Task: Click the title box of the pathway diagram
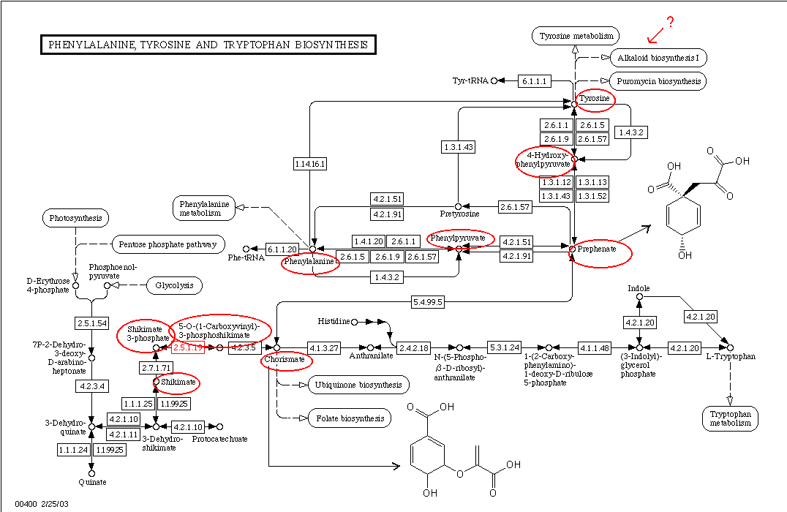click(208, 45)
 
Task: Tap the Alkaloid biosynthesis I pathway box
click(658, 58)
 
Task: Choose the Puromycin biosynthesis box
click(658, 81)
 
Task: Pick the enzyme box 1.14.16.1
click(310, 164)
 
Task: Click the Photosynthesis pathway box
click(75, 218)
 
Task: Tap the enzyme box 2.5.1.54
click(91, 323)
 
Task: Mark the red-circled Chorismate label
click(287, 361)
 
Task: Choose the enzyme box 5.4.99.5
click(428, 301)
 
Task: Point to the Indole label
click(639, 288)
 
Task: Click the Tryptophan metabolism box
click(729, 418)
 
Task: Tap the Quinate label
click(92, 482)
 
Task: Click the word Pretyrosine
click(459, 214)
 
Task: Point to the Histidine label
click(334, 321)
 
